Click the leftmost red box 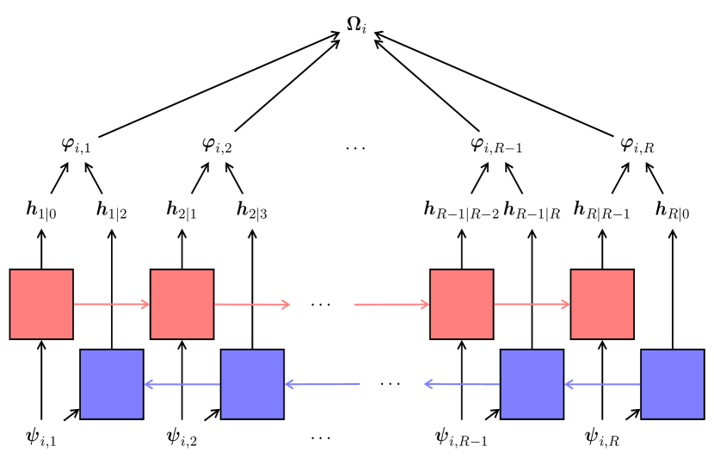click(x=41, y=304)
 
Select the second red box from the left click(x=182, y=304)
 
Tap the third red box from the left click(x=462, y=304)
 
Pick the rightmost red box click(x=602, y=304)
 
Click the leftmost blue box click(x=112, y=384)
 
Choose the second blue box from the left click(x=252, y=384)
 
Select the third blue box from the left click(x=532, y=384)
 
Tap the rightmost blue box click(x=673, y=384)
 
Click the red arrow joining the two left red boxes click(x=110, y=304)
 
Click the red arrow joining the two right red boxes click(x=531, y=304)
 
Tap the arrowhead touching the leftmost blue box click(x=148, y=384)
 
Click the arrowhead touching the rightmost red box click(x=565, y=304)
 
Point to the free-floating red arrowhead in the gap click(x=286, y=304)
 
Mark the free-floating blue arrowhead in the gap click(x=428, y=384)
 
